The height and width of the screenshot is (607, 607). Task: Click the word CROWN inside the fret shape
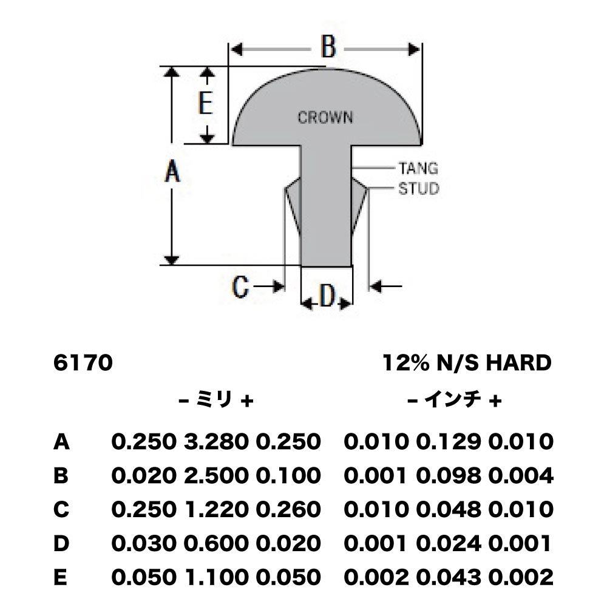[325, 117]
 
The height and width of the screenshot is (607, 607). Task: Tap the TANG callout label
[418, 168]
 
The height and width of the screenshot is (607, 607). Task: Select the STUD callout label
[419, 189]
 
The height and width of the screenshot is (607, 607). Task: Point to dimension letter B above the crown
[328, 47]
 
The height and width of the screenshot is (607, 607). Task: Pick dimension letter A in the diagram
[172, 172]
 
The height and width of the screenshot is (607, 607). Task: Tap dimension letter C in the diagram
[240, 287]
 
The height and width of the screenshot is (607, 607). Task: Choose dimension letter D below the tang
[327, 296]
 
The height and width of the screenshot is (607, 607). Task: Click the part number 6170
[83, 363]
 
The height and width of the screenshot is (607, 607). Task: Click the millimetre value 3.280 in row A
[216, 442]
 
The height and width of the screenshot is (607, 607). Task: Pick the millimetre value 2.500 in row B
[216, 475]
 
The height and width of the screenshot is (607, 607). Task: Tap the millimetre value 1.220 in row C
[216, 509]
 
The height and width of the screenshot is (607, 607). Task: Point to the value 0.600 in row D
[216, 543]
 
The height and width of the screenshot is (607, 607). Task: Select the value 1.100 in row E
[216, 577]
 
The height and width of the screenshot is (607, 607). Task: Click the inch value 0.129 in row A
[449, 442]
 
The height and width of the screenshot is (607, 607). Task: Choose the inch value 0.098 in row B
[449, 475]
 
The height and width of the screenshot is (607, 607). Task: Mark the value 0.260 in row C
[288, 509]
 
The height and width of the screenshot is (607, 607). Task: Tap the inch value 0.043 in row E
[449, 577]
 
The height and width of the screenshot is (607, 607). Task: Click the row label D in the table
[61, 543]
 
